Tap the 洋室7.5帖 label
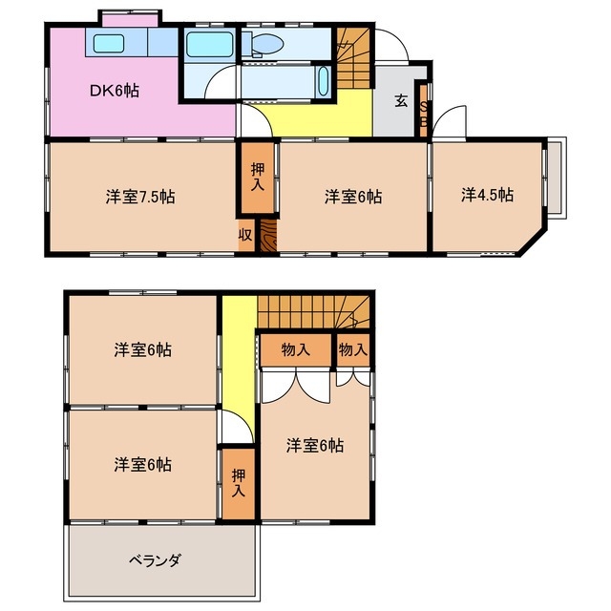point(139,197)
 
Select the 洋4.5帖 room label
point(487,195)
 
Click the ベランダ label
point(155,559)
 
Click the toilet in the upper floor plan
point(268,44)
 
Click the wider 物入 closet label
point(296,349)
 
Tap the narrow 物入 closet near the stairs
point(352,349)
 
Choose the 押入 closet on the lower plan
point(237,482)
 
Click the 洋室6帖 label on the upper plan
point(353,197)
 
